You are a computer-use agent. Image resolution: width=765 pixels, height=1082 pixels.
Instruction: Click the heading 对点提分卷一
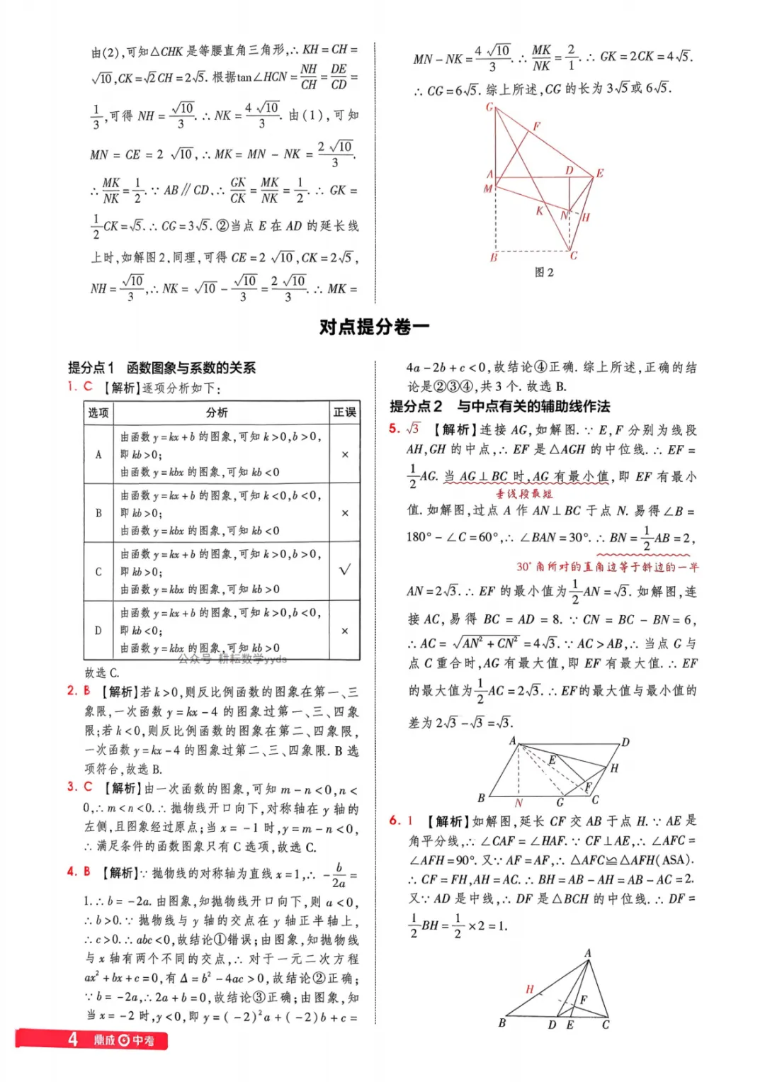(x=374, y=327)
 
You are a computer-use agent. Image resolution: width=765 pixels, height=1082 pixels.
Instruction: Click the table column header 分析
(x=217, y=412)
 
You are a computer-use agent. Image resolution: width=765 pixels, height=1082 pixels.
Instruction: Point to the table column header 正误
(x=345, y=412)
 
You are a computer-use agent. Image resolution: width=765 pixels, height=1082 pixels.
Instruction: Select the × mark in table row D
(x=345, y=631)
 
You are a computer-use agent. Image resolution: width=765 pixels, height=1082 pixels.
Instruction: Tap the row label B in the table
(x=98, y=512)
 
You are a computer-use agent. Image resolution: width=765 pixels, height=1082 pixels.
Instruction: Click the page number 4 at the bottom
(x=72, y=1039)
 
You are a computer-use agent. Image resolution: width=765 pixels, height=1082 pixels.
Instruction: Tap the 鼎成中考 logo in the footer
(x=124, y=1040)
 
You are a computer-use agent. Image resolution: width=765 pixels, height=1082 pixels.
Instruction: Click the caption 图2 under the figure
(x=544, y=272)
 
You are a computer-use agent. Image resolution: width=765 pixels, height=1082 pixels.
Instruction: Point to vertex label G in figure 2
(x=489, y=107)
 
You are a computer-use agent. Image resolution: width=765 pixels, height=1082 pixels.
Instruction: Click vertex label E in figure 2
(x=600, y=173)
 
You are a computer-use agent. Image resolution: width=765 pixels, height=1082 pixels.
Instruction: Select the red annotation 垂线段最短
(x=524, y=494)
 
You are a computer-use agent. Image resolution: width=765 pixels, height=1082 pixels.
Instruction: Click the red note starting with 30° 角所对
(x=607, y=567)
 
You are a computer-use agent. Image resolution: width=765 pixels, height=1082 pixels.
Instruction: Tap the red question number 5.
(x=395, y=428)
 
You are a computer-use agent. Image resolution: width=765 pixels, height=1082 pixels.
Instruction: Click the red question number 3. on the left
(x=72, y=787)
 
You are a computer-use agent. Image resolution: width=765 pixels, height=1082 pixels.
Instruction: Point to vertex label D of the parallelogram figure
(x=625, y=743)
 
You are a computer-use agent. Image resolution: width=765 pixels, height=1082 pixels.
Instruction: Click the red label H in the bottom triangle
(x=529, y=988)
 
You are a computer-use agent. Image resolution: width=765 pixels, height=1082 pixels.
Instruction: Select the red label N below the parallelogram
(x=518, y=803)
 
